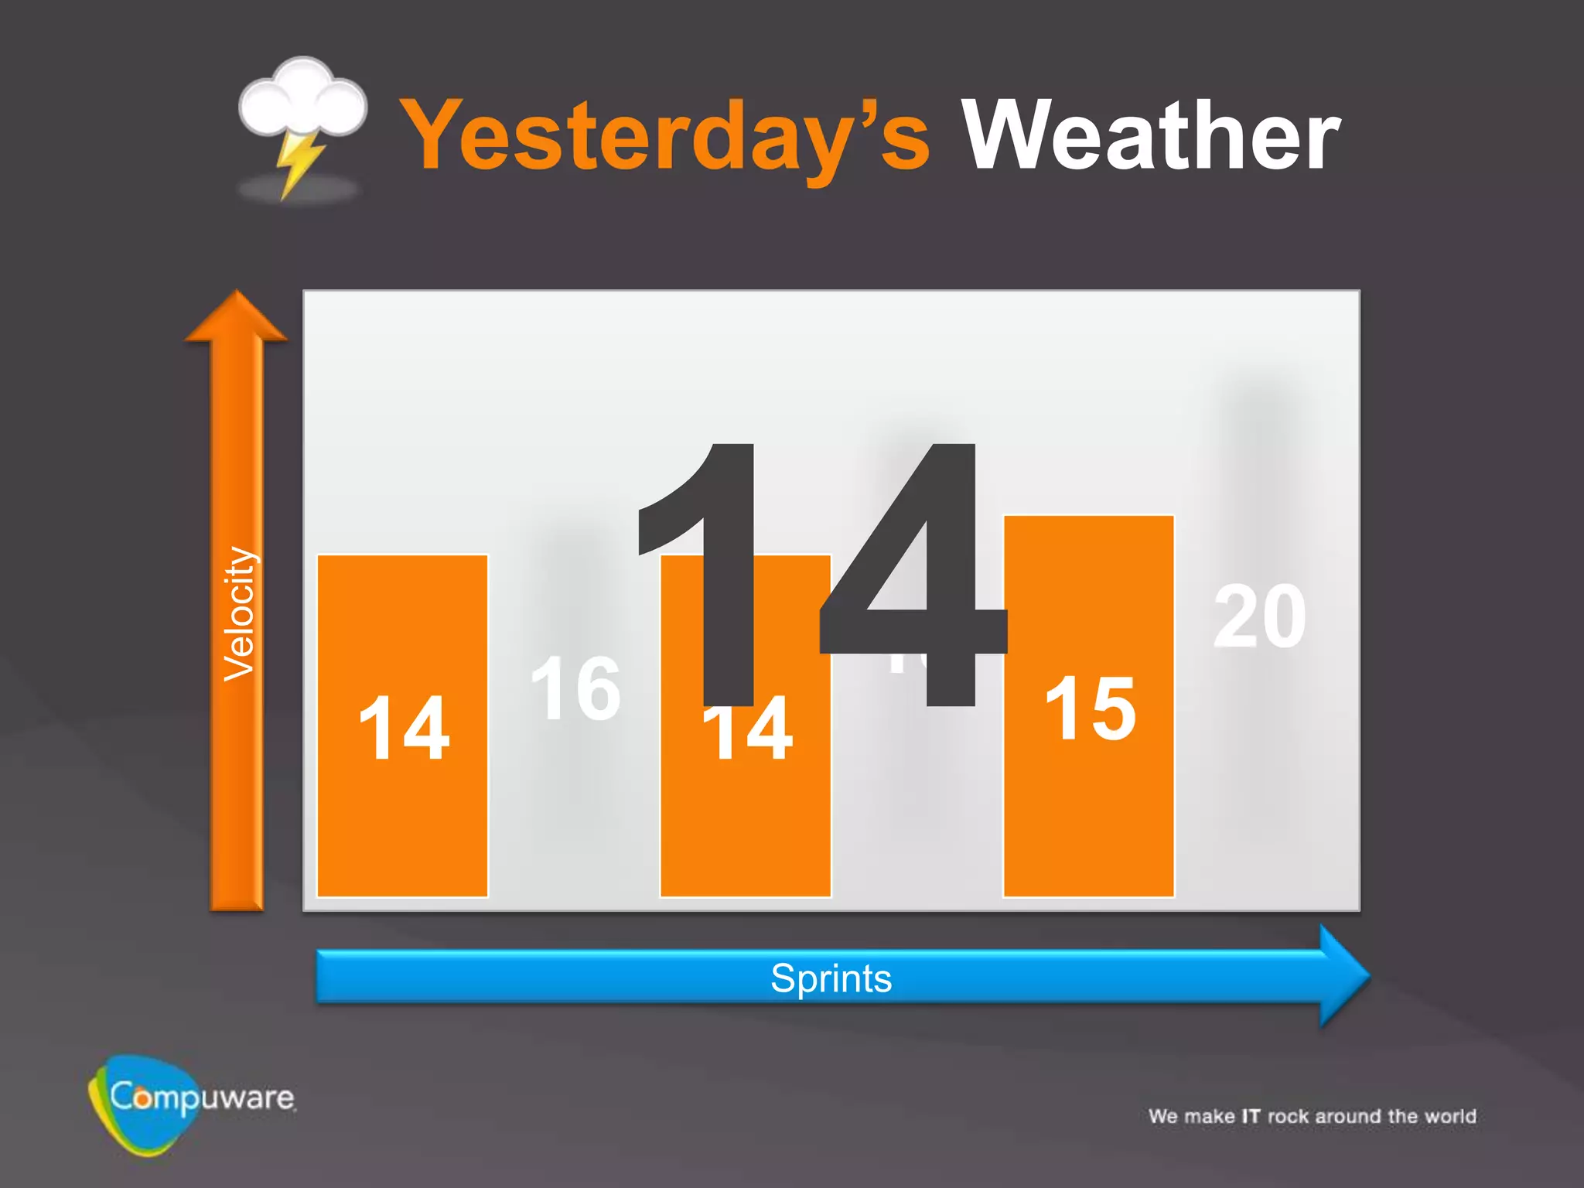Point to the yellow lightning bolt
[x=298, y=161]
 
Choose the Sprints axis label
[x=831, y=978]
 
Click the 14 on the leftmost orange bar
[x=403, y=729]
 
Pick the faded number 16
[x=575, y=688]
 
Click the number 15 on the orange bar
[x=1090, y=708]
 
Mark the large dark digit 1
[x=712, y=572]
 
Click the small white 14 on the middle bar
[x=747, y=730]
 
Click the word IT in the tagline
[x=1251, y=1116]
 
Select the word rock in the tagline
[x=1288, y=1116]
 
